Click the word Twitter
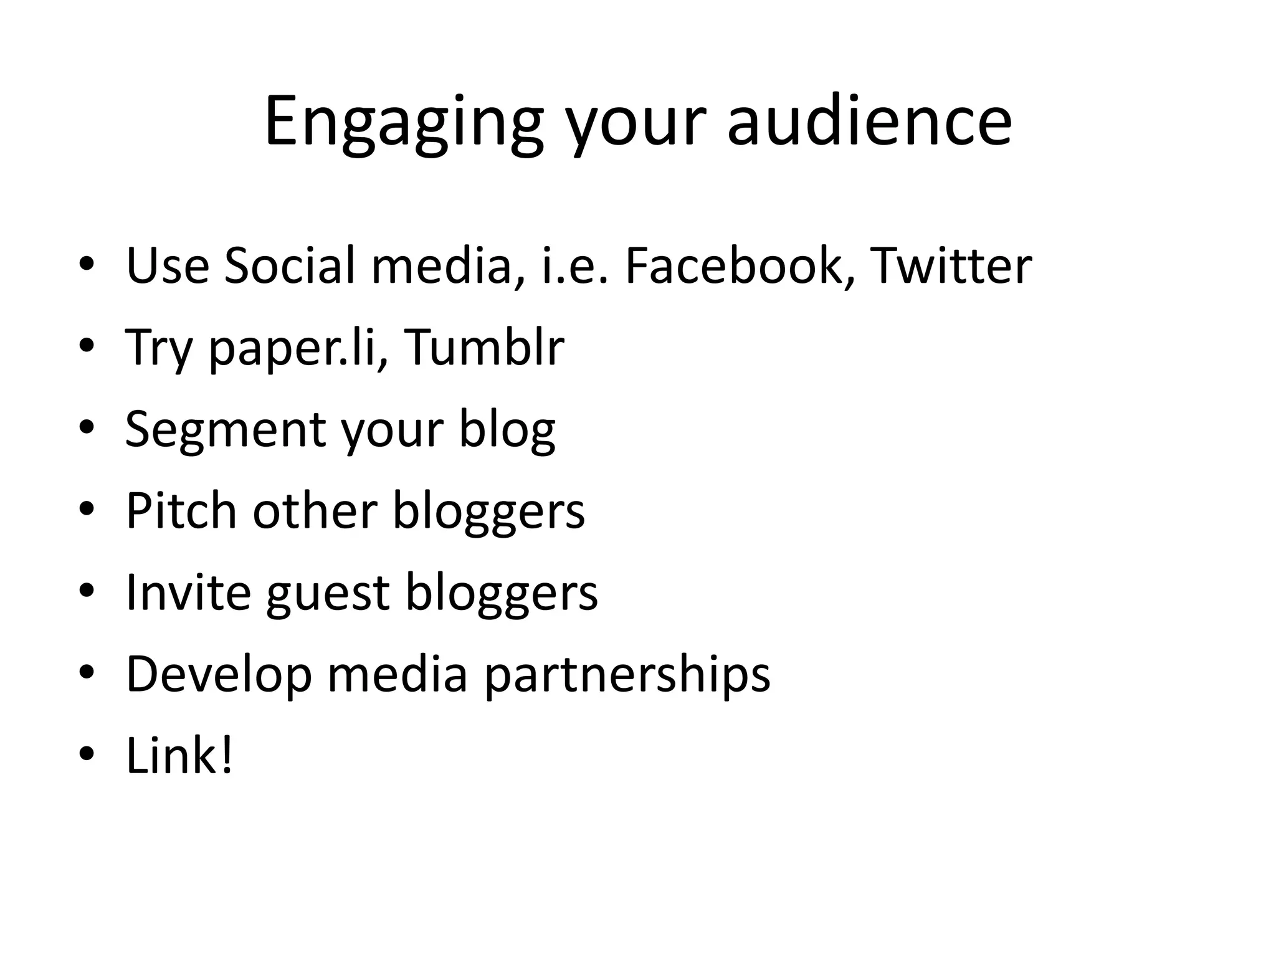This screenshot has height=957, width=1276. pos(951,266)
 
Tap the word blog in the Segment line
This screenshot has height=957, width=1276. pos(507,430)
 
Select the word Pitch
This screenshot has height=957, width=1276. pos(181,511)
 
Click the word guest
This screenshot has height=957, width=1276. pos(328,593)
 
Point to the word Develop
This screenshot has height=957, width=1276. pos(219,675)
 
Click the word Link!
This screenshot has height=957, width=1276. pos(179,756)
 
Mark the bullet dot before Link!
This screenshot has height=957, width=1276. pos(87,755)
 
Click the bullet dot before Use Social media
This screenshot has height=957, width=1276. pos(87,265)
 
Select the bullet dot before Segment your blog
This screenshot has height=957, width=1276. pos(87,428)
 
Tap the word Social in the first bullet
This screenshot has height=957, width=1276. pos(290,266)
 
